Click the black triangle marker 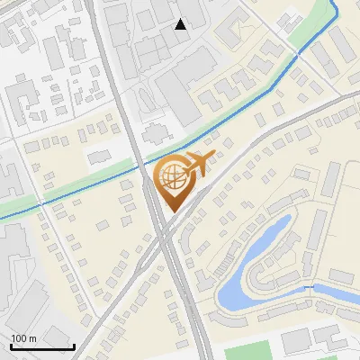[181, 24]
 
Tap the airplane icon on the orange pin [197, 165]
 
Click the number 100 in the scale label [20, 338]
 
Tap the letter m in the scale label [33, 338]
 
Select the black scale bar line [41, 346]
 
